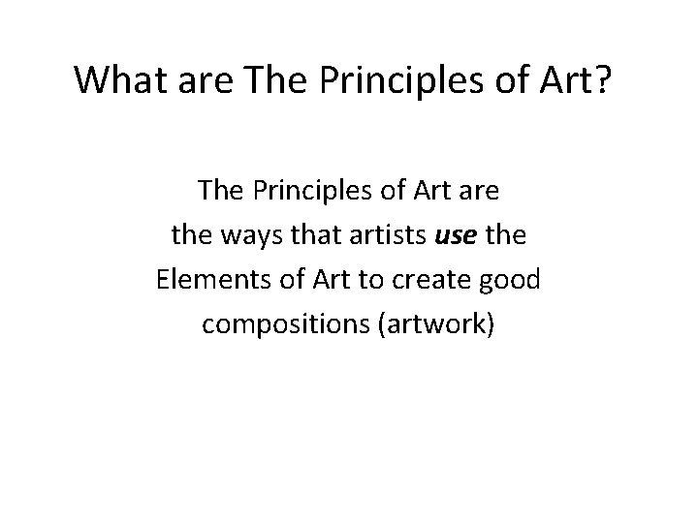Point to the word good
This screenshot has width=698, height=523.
coord(513,280)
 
